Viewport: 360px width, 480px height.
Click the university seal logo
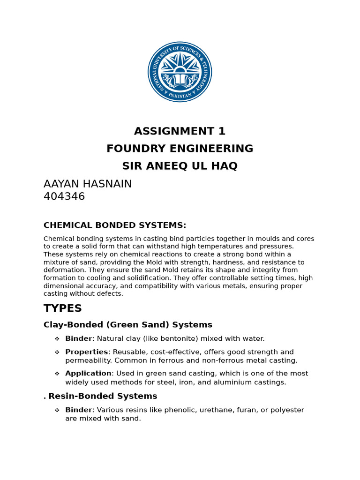click(x=180, y=72)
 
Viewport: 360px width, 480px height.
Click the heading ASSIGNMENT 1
click(x=180, y=131)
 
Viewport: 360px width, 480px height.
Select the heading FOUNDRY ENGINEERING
click(x=180, y=149)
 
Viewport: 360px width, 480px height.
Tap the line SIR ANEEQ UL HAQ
click(x=180, y=166)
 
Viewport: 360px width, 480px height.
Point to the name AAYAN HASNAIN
click(x=88, y=184)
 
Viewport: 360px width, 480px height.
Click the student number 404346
click(x=64, y=196)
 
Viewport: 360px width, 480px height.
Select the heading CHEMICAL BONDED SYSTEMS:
click(x=115, y=225)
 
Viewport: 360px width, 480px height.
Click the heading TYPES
click(x=63, y=308)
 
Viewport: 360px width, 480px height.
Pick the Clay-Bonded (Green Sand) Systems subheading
click(x=128, y=325)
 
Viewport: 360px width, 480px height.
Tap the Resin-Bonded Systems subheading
click(x=103, y=396)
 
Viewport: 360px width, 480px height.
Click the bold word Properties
click(x=86, y=352)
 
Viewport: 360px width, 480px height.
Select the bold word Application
click(x=88, y=374)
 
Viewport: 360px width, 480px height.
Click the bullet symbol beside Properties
click(x=57, y=352)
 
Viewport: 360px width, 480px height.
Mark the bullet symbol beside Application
click(x=57, y=374)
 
